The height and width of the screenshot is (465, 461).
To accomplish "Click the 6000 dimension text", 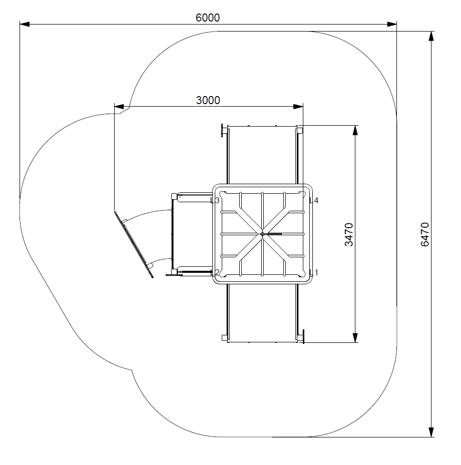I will pyautogui.click(x=208, y=18).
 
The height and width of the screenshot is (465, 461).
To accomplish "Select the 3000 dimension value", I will pyautogui.click(x=208, y=100).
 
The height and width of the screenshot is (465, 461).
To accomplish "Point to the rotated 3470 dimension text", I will pyautogui.click(x=349, y=234).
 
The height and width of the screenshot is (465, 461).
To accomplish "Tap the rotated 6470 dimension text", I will pyautogui.click(x=425, y=234).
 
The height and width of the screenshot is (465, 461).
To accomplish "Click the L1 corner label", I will pyautogui.click(x=314, y=272).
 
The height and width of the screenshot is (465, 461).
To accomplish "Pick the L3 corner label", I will pyautogui.click(x=215, y=200).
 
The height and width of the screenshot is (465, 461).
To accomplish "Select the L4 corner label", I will pyautogui.click(x=314, y=200).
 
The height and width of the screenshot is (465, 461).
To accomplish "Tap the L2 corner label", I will pyautogui.click(x=216, y=272).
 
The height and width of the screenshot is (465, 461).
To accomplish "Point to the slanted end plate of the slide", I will pyautogui.click(x=134, y=244).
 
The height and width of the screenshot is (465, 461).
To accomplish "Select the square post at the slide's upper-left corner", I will pyautogui.click(x=174, y=196).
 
